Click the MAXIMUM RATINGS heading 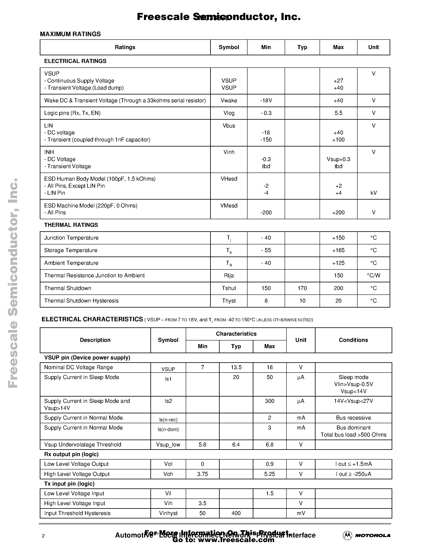pyautogui.click(x=70, y=34)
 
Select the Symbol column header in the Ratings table pyautogui.click(x=229, y=47)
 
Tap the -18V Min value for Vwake pyautogui.click(x=266, y=101)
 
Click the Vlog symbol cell pyautogui.click(x=229, y=113)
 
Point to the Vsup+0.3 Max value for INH pyautogui.click(x=338, y=159)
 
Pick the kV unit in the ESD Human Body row pyautogui.click(x=373, y=193)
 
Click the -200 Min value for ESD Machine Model pyautogui.click(x=266, y=213)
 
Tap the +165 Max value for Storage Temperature pyautogui.click(x=338, y=250)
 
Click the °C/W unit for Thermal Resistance pyautogui.click(x=373, y=275)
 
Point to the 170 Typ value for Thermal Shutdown pyautogui.click(x=302, y=288)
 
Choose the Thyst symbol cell pyautogui.click(x=229, y=301)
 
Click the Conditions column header pyautogui.click(x=353, y=340)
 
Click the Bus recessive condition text pyautogui.click(x=353, y=418)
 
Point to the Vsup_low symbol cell pyautogui.click(x=168, y=445)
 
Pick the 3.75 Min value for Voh pyautogui.click(x=202, y=474)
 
